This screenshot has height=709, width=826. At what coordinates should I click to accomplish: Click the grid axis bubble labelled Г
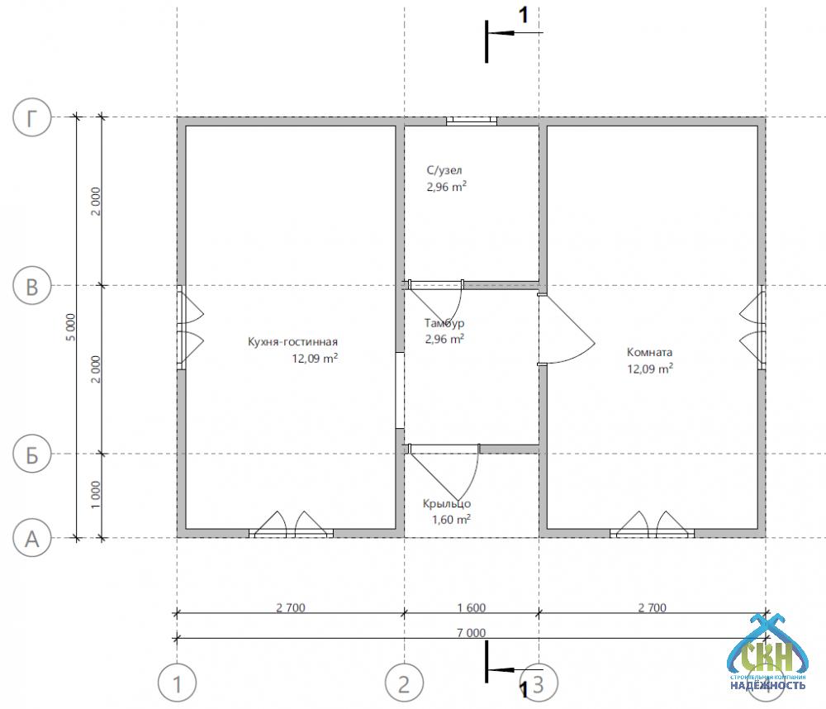[x=32, y=117]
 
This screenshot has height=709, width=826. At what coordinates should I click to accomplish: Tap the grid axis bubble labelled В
[x=32, y=286]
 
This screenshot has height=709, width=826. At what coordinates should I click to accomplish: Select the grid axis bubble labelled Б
[x=32, y=454]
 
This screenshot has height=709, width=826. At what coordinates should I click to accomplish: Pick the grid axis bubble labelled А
[x=32, y=539]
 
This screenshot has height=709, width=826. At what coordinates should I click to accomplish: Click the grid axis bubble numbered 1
[x=178, y=683]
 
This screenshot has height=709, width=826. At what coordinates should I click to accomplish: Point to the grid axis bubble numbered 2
[x=404, y=683]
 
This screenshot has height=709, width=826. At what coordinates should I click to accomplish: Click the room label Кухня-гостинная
[x=292, y=342]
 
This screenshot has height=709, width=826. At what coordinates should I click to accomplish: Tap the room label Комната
[x=649, y=352]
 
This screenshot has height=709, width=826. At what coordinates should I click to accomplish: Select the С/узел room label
[x=444, y=170]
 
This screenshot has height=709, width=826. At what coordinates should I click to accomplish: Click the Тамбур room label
[x=444, y=323]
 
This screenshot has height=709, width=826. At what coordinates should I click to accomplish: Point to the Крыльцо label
[x=447, y=504]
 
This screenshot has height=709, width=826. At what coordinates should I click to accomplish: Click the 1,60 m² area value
[x=451, y=519]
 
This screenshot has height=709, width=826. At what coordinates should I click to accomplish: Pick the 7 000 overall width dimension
[x=472, y=633]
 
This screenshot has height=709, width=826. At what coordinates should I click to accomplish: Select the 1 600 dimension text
[x=472, y=607]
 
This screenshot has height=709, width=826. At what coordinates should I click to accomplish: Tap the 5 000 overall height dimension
[x=70, y=327]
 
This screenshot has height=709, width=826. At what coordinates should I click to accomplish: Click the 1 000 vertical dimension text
[x=95, y=494]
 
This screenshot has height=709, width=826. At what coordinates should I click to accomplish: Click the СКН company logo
[x=767, y=654]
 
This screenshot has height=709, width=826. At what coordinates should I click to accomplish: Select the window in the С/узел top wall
[x=472, y=121]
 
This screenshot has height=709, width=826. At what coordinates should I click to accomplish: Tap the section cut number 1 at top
[x=523, y=15]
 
